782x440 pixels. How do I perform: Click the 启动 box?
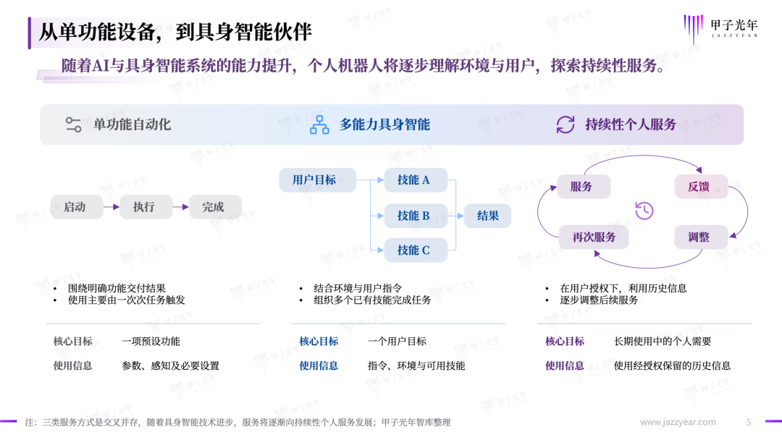tap(77, 207)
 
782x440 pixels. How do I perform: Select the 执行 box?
tap(146, 207)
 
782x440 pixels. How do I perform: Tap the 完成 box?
tap(215, 207)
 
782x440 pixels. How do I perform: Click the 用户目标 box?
tap(317, 180)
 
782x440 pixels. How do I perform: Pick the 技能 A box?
tap(416, 180)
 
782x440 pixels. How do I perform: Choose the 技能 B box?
tap(416, 216)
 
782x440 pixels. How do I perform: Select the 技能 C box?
tap(416, 250)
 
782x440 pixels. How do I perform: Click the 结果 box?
tap(487, 216)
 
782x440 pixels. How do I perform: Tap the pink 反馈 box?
tap(701, 187)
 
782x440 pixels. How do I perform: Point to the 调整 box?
tap(701, 237)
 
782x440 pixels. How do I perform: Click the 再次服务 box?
tap(594, 237)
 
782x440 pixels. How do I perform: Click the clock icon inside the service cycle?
tap(644, 211)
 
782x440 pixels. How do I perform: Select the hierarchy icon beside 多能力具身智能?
tap(319, 124)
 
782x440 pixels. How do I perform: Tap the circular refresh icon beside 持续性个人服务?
tap(566, 124)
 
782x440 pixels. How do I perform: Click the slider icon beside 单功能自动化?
tap(73, 124)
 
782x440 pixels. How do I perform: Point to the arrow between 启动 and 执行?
tap(112, 207)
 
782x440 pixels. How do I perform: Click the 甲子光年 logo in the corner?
tap(720, 29)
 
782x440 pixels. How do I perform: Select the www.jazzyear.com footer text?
tap(678, 422)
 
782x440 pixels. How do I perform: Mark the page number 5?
tap(749, 422)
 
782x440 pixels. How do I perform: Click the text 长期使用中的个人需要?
tap(663, 342)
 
